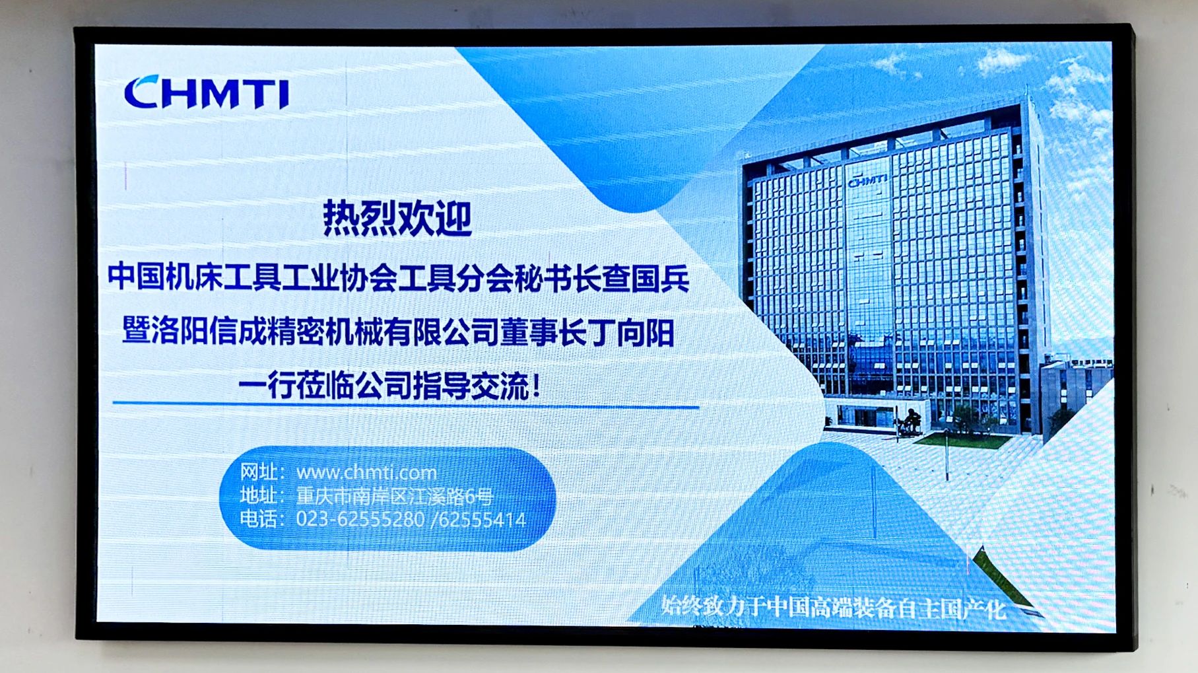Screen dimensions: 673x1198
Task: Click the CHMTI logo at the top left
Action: pyautogui.click(x=207, y=92)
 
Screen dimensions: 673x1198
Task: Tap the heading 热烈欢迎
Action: pyautogui.click(x=397, y=219)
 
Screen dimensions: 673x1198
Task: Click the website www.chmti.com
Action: pyautogui.click(x=366, y=473)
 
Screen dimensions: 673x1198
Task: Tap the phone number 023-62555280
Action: pyautogui.click(x=360, y=520)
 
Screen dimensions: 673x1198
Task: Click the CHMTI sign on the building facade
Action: pyautogui.click(x=867, y=180)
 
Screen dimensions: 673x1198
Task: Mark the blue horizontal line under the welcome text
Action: pyautogui.click(x=405, y=404)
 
